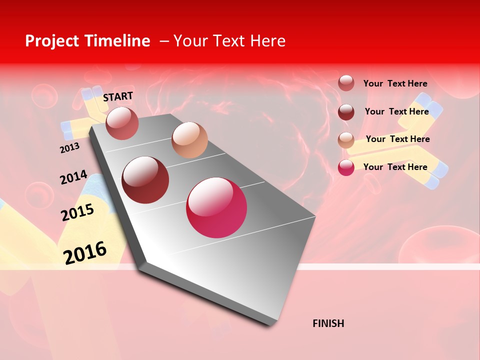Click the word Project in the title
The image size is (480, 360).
51,41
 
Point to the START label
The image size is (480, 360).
118,96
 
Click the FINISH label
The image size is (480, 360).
328,323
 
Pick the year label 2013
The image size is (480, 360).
69,148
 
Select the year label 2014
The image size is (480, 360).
73,177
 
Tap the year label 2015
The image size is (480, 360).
77,212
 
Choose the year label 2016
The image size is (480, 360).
85,252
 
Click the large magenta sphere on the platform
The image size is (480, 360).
216,207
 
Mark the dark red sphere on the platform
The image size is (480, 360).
145,180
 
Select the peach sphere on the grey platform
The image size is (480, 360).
189,140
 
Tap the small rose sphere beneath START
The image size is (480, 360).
122,123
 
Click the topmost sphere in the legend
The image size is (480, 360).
346,83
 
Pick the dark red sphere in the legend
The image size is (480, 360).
346,112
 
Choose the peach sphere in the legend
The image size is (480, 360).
346,139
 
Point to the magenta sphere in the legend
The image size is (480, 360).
346,167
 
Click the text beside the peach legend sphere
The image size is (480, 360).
397,139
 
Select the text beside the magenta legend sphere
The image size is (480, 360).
395,167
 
